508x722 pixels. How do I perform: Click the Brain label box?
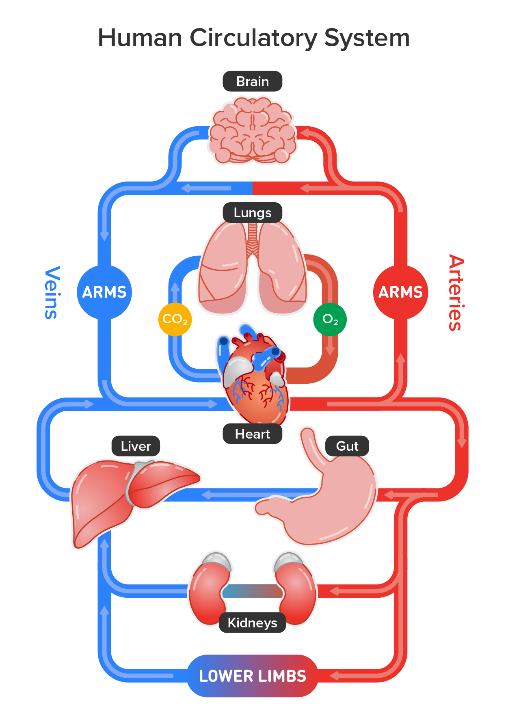(252, 81)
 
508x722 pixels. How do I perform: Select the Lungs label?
(252, 212)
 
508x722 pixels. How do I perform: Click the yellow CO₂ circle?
(175, 319)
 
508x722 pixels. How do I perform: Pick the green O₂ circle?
(330, 319)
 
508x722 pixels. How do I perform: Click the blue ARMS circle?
(104, 292)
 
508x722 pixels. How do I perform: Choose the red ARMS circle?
(400, 292)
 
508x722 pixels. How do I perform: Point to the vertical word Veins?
(52, 292)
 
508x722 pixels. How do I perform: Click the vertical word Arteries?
(456, 292)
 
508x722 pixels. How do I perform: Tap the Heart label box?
(252, 434)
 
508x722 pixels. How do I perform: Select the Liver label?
(136, 446)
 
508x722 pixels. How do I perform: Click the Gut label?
(347, 446)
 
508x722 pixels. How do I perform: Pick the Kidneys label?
(252, 623)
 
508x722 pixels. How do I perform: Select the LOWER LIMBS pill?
(252, 676)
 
